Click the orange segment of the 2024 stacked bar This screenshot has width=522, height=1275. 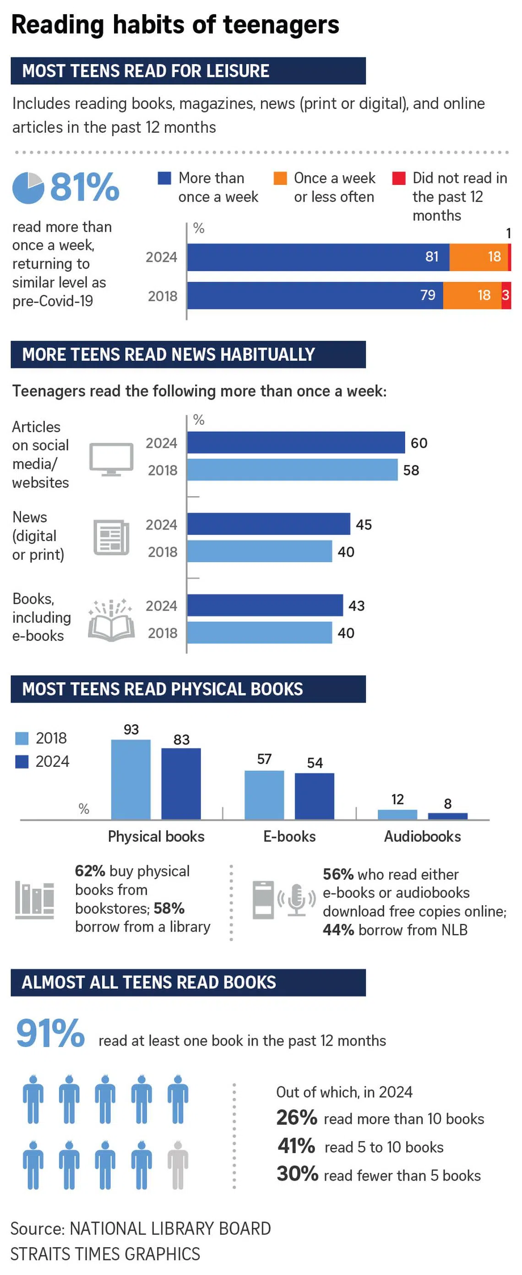[478, 257]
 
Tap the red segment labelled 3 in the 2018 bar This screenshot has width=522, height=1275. [506, 295]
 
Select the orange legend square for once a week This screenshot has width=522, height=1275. [280, 178]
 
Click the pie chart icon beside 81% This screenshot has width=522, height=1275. [28, 188]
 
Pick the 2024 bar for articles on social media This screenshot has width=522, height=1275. [296, 443]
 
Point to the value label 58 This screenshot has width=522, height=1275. [411, 470]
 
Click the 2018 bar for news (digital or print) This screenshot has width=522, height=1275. [260, 551]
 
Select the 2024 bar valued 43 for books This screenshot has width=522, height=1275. [265, 605]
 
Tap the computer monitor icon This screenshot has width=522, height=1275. [111, 459]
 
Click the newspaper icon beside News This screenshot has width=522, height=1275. [111, 537]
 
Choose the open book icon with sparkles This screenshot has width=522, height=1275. [111, 622]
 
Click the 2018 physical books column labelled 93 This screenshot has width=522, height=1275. [131, 780]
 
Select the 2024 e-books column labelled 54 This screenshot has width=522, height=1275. [315, 796]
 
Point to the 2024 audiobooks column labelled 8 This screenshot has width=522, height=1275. [448, 816]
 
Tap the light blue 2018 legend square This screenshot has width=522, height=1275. [22, 738]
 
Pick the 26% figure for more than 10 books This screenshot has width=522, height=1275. [297, 1118]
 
